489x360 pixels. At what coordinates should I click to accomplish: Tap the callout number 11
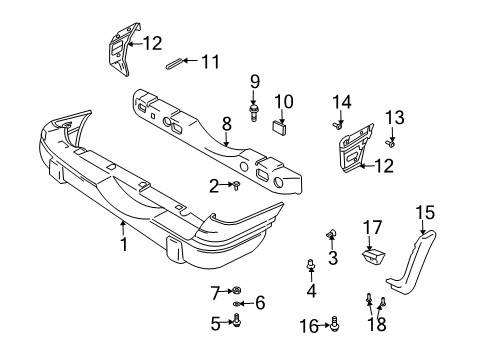(209, 61)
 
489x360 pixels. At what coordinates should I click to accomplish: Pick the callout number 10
(284, 100)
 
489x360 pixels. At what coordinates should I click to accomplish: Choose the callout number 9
(255, 80)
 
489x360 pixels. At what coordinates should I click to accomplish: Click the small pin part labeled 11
(178, 63)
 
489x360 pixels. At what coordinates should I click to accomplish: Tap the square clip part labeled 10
(279, 125)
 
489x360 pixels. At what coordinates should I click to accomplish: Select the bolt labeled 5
(236, 320)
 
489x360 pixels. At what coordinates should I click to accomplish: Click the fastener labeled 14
(340, 126)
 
